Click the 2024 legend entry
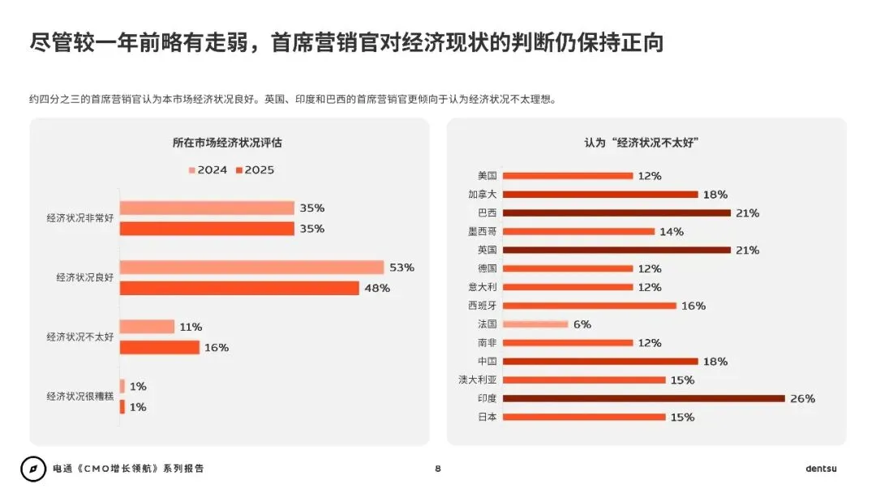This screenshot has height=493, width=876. coord(208,170)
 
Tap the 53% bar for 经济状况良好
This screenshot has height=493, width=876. coord(251,268)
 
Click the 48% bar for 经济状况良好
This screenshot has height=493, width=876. coord(239,288)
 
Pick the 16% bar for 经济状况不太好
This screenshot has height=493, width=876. coord(160,347)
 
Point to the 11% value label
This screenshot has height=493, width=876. coord(191,327)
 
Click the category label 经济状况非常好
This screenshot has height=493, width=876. coord(80,218)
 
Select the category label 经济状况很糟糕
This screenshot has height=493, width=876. coord(80,397)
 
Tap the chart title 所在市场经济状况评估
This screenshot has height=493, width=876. coord(227,143)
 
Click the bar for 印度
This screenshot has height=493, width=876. coord(644,398)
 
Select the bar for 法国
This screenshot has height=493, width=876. coord(535,324)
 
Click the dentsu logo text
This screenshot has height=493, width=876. coord(821,469)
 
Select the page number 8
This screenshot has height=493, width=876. coord(438,469)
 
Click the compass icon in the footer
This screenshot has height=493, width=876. coord(33,469)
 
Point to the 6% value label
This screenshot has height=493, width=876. coord(582,324)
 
